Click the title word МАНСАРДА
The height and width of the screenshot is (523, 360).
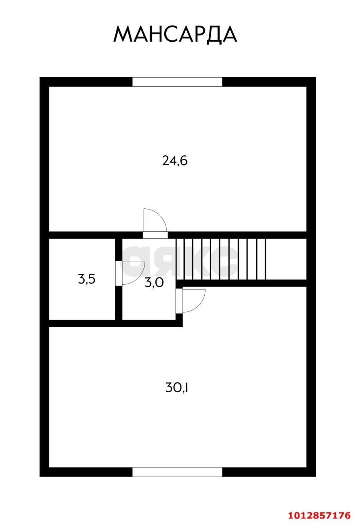175,34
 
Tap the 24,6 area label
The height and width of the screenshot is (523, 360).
175,161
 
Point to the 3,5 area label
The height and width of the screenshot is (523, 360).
87,280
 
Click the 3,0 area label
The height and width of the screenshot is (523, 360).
154,282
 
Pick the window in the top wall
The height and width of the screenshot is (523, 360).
177,82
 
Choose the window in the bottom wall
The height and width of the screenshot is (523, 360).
177,472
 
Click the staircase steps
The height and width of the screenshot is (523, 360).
221,258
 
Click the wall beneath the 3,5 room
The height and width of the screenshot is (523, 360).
82,324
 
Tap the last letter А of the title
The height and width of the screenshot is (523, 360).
228,34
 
